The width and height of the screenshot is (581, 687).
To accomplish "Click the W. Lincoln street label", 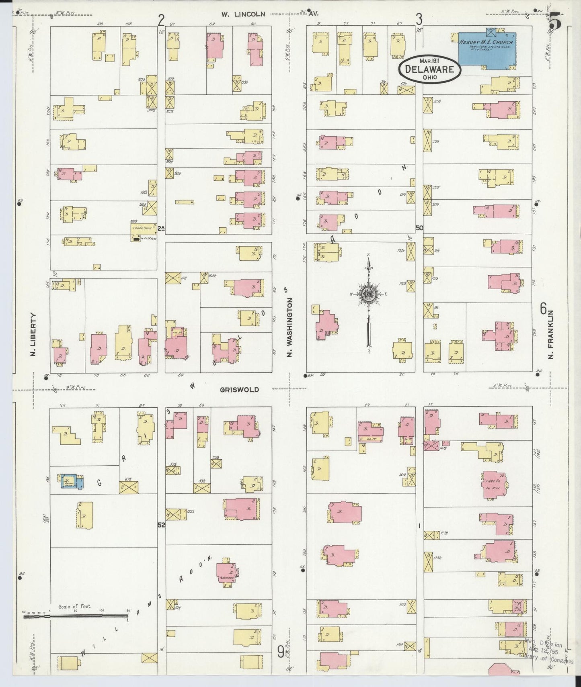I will click(x=243, y=14).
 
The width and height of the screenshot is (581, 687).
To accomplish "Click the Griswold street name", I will click(x=239, y=389).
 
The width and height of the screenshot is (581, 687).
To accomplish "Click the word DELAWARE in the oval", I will click(x=429, y=69).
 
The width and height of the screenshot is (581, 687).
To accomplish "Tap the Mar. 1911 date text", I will click(x=430, y=60).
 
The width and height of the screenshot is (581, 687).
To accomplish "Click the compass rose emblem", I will click(x=368, y=294).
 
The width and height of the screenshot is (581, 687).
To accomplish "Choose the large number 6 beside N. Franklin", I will click(x=543, y=309).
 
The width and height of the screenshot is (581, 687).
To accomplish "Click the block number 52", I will click(x=161, y=525).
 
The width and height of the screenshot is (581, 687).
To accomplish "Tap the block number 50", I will click(x=419, y=227).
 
